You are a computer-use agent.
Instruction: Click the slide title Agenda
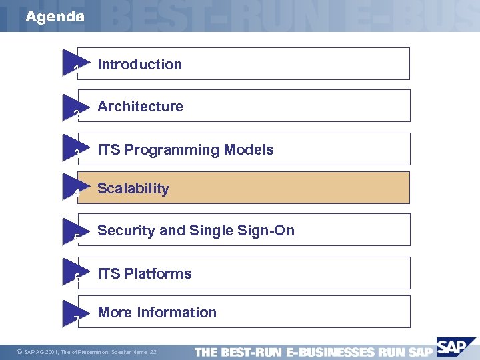pos(55,17)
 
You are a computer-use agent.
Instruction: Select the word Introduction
pos(139,65)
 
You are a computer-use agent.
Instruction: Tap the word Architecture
pos(140,107)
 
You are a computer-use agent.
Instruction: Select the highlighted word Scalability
pos(133,189)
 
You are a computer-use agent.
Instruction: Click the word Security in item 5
pos(127,231)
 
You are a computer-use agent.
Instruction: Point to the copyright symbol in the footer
pos(19,352)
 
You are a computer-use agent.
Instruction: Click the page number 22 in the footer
pos(153,352)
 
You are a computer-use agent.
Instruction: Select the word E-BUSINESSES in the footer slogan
pos(329,352)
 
